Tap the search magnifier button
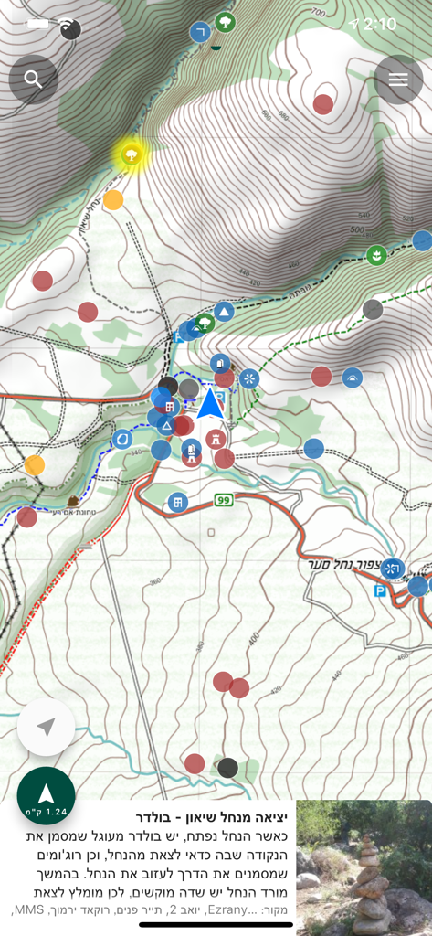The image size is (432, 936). point(34,80)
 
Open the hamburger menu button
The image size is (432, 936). point(398,80)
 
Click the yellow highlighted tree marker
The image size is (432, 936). point(132,154)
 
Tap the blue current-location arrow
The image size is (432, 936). point(210,403)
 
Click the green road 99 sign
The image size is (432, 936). point(224,500)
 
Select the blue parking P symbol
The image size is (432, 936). point(379,591)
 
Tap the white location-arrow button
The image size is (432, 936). point(46,727)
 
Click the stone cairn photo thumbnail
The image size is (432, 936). point(364,867)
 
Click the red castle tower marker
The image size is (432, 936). point(216,439)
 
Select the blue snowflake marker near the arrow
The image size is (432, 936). point(249,378)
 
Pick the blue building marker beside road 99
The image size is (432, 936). point(178,502)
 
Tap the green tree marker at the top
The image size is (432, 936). point(225,22)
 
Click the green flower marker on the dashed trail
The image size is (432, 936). point(375,255)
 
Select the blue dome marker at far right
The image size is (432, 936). point(353,378)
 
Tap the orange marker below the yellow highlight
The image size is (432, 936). point(113,200)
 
